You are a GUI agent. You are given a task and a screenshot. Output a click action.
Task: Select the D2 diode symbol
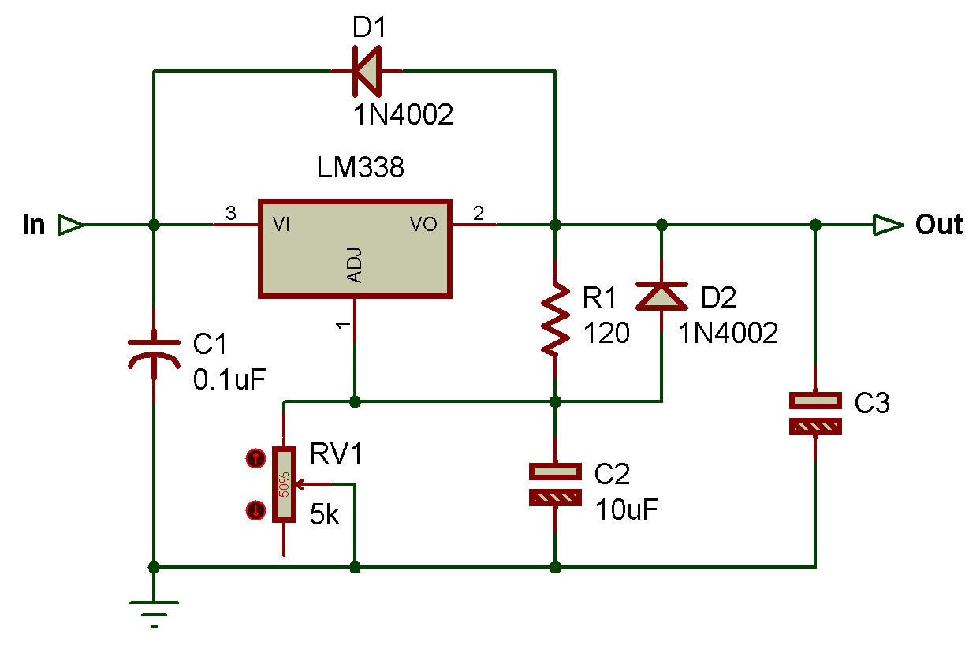661,296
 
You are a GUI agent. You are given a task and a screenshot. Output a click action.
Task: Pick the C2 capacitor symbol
555,485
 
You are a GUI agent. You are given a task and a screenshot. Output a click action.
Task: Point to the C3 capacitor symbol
816,414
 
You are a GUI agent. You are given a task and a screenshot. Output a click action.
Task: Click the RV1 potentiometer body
283,485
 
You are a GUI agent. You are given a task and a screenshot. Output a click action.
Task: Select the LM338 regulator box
356,248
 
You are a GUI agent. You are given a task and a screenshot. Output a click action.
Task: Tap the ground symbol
154,611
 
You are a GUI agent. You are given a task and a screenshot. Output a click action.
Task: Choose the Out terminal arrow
887,225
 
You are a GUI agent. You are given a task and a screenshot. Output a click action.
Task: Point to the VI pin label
281,225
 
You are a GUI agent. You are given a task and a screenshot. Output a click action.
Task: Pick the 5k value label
326,515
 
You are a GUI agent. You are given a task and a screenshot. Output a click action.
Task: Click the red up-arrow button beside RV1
255,458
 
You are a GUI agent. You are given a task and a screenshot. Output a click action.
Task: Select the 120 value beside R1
606,334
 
